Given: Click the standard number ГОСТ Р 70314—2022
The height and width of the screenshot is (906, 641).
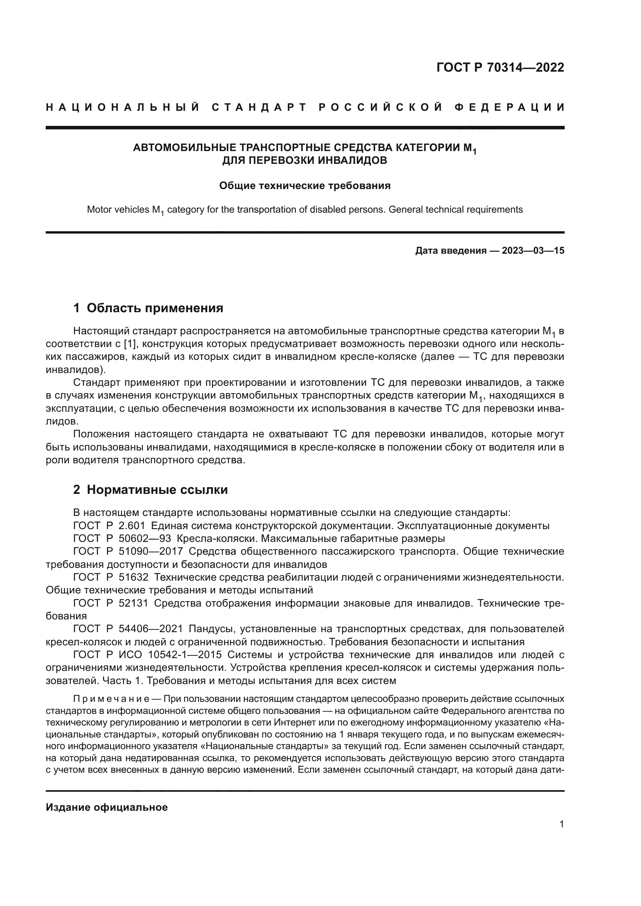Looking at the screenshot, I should point(500,68).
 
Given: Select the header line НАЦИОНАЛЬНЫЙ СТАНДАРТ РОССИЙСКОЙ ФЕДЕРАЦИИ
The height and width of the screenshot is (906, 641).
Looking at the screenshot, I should point(305,107).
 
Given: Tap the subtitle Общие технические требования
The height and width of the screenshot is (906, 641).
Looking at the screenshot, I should point(305,186).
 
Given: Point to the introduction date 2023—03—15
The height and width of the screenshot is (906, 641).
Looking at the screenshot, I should point(533,251).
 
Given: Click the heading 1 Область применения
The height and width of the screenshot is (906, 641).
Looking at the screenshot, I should point(148,308).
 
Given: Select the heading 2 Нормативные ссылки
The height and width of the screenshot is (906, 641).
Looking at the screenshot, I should point(150,490).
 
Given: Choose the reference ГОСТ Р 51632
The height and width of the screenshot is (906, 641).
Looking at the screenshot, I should point(111,577).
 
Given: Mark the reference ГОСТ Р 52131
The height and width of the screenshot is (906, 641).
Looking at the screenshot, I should point(111,603).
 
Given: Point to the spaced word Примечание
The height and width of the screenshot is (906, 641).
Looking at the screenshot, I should point(111,699).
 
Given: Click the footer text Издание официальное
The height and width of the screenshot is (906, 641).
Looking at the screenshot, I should point(107,807).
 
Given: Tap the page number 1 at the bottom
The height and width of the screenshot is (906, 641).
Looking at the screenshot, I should point(561,832).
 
